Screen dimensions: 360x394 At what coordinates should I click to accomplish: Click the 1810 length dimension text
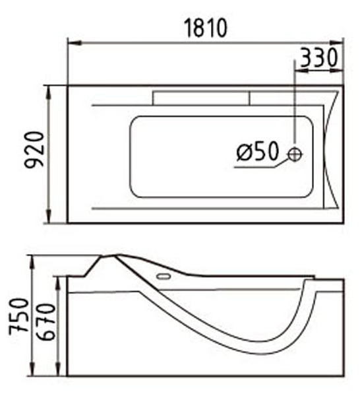pos(206,28)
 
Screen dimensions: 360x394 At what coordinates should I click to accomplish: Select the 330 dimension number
pos(319,57)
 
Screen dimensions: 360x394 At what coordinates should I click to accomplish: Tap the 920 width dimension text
pos(34,149)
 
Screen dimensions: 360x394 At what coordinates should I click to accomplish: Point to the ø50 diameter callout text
pos(258,151)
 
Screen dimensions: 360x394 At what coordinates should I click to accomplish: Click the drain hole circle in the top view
pos(295,154)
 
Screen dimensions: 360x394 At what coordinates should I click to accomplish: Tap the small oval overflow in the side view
pos(164,277)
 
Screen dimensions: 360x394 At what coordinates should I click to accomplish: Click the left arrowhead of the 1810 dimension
pos(75,43)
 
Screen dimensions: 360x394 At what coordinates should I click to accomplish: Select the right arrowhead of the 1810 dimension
pos(337,43)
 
